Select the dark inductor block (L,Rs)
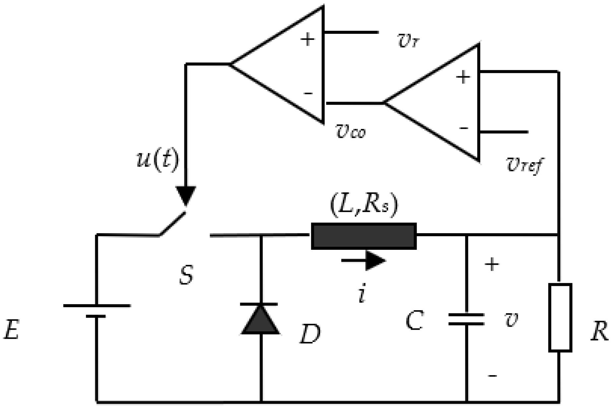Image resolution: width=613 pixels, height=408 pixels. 364,236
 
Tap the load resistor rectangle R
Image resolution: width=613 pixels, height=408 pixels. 560,317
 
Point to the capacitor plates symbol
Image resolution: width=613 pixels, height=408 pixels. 466,319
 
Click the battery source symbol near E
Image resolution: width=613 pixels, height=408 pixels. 96,311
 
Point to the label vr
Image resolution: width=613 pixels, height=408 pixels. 407,41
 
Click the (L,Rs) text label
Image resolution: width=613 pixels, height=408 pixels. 364,206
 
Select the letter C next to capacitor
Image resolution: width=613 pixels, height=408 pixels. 415,321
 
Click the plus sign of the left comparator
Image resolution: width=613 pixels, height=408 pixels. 307,39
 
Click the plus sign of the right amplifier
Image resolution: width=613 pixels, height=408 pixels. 463,77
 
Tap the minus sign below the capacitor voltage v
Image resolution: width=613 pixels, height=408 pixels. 492,376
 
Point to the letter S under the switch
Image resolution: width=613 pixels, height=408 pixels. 186,275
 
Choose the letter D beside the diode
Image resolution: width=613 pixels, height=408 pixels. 310,334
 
